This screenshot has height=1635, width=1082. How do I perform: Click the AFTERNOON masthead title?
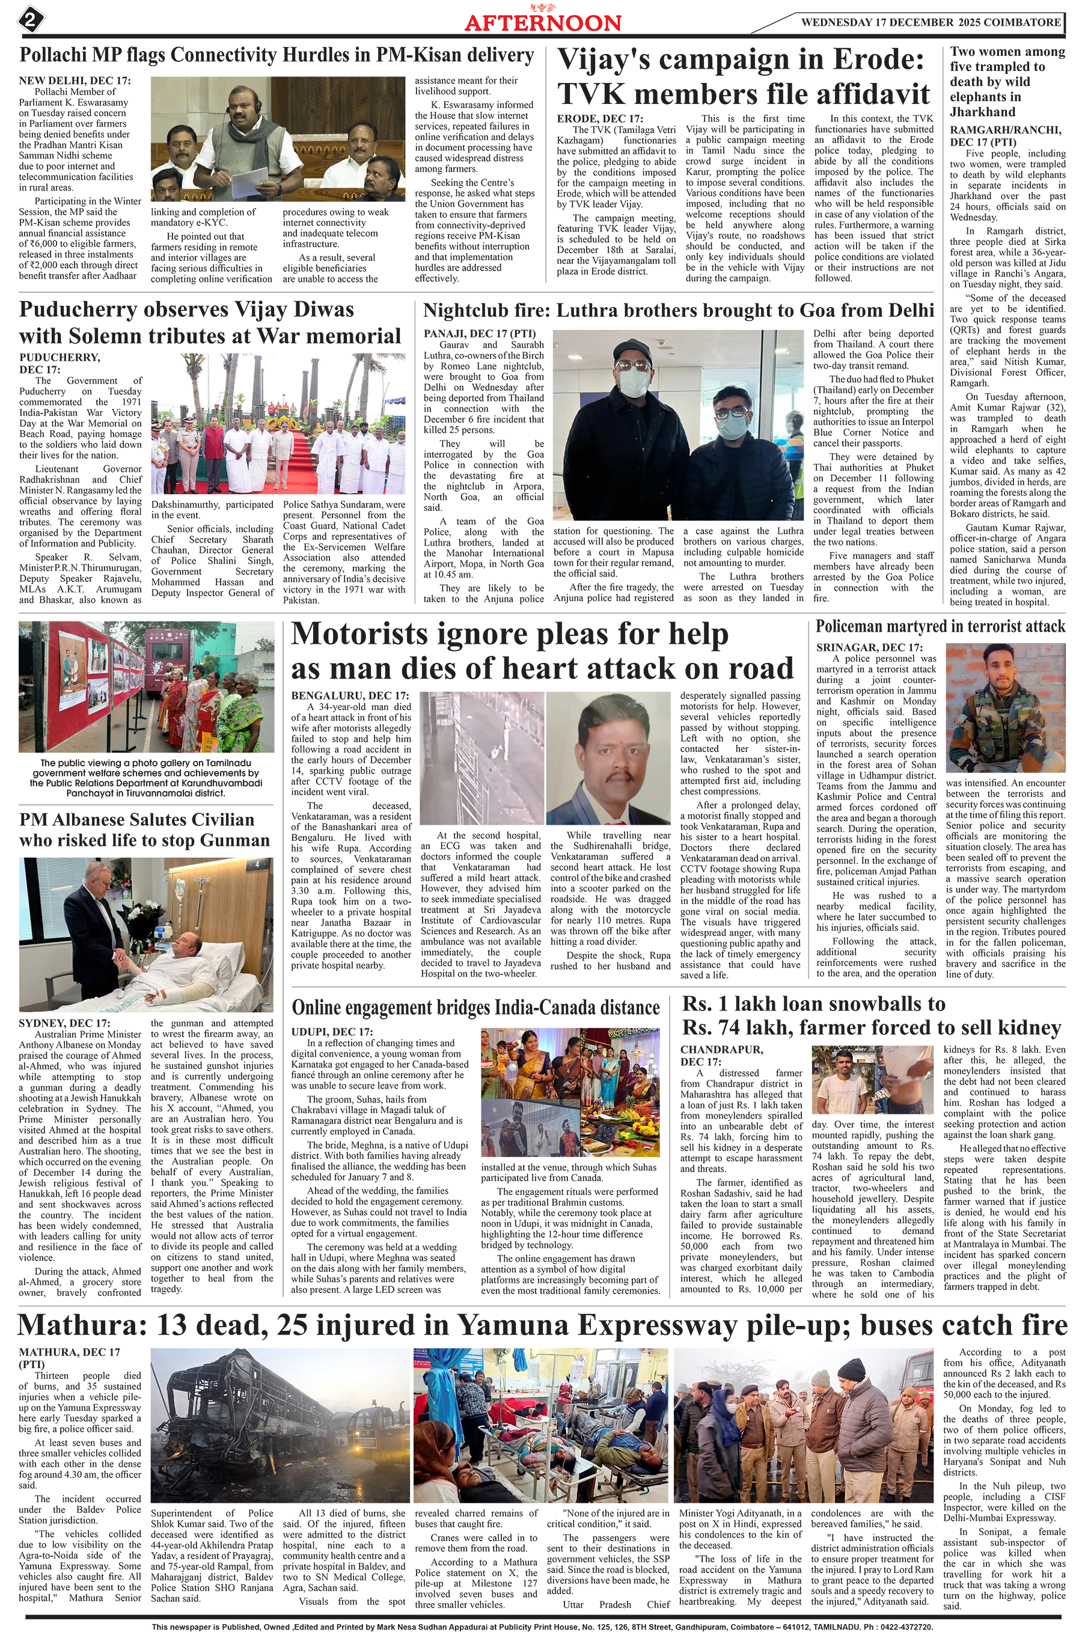[x=542, y=23]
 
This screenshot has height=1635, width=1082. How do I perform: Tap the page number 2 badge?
[x=29, y=19]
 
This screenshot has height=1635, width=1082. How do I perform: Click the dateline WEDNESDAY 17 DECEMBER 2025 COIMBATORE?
[x=930, y=22]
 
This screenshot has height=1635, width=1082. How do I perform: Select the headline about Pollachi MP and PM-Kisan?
[x=276, y=55]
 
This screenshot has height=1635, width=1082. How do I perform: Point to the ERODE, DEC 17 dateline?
[x=600, y=118]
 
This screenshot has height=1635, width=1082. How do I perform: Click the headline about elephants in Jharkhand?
[x=1007, y=81]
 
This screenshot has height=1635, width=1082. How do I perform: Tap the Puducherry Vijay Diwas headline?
[x=210, y=323]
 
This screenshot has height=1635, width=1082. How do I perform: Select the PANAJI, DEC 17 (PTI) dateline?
[x=480, y=334]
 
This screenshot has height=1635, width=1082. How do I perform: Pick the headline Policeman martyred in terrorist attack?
[x=940, y=626]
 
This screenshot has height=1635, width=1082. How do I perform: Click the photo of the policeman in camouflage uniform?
[x=1004, y=709]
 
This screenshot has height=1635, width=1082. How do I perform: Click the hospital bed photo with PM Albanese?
[x=145, y=934]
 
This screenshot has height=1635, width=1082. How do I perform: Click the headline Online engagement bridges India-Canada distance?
[x=477, y=1008]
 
